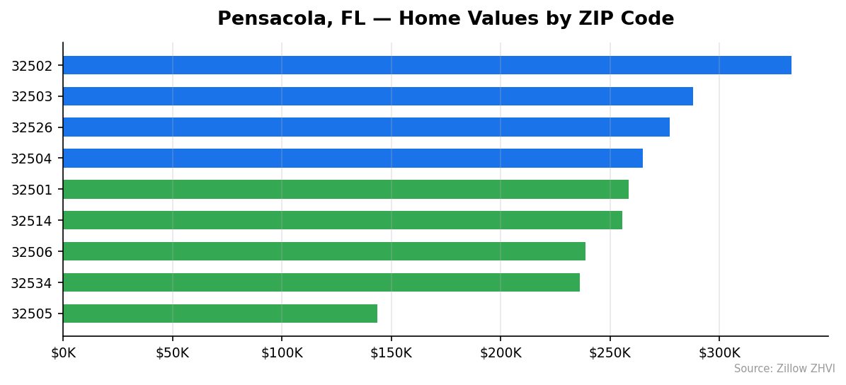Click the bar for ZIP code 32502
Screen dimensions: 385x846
pos(427,65)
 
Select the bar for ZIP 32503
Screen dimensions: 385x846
pos(377,96)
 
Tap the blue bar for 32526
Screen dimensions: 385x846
pos(366,127)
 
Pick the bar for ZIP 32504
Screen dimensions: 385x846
pos(353,159)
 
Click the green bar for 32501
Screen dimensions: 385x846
pos(345,190)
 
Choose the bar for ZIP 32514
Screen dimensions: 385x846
pos(343,220)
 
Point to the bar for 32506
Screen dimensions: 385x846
pos(324,251)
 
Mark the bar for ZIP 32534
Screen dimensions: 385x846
pos(321,282)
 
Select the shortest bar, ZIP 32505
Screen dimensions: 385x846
pos(220,314)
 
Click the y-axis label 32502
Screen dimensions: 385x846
pos(31,66)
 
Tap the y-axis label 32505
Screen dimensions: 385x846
pos(31,314)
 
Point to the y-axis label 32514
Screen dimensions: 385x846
pos(31,221)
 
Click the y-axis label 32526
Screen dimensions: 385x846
pos(31,128)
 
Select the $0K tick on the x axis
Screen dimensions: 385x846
pos(63,352)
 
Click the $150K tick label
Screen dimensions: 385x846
pos(391,352)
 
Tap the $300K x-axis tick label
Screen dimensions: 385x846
pos(719,352)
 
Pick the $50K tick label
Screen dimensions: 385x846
pos(172,352)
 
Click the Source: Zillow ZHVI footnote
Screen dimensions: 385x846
pos(784,369)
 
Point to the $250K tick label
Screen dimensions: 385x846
pos(610,352)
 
